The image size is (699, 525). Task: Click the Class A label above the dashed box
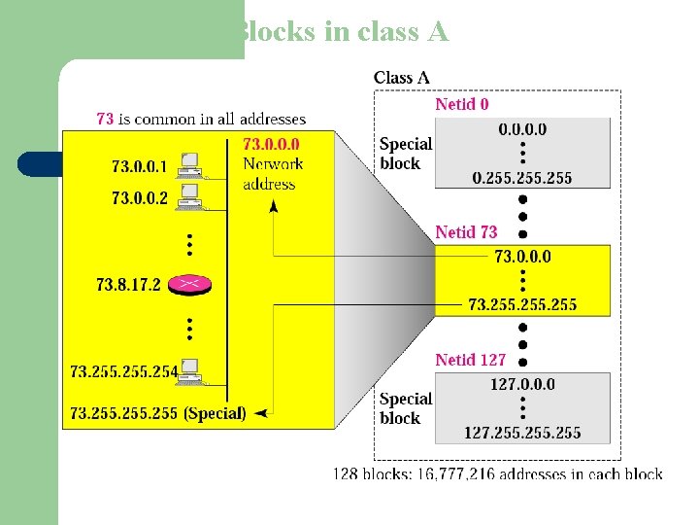[x=402, y=78]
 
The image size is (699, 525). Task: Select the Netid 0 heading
[x=462, y=104]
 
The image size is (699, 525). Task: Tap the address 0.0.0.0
[x=522, y=129]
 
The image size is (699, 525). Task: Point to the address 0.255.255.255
[x=522, y=177]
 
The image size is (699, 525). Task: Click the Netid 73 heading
[x=466, y=232]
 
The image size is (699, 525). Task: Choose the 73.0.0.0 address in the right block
[x=522, y=257]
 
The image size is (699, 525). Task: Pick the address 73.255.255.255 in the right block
[x=522, y=304]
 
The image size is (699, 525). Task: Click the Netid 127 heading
[x=470, y=360]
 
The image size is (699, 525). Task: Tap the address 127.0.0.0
[x=522, y=384]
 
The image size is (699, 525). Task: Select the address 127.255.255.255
[x=522, y=432]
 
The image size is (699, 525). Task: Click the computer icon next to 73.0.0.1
[x=189, y=164]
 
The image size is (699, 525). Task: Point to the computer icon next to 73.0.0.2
[x=189, y=197]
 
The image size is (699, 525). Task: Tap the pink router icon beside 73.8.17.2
[x=189, y=284]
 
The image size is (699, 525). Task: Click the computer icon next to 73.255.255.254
[x=190, y=369]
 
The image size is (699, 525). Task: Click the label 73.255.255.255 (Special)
[x=158, y=413]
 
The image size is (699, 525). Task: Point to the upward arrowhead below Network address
[x=274, y=205]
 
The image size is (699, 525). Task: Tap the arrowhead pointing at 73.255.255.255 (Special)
[x=261, y=413]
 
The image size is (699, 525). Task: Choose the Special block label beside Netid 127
[x=406, y=408]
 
